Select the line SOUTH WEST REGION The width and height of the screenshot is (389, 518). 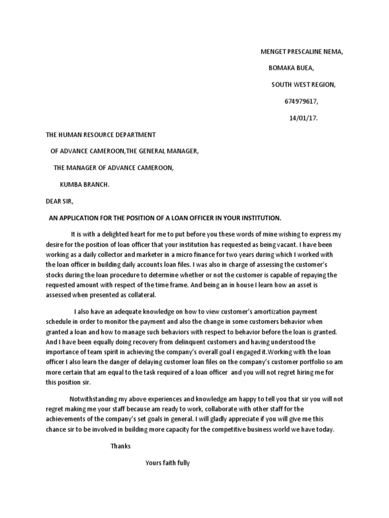303,85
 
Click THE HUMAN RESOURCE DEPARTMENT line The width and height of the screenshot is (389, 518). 101,135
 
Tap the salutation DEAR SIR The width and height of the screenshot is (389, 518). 59,201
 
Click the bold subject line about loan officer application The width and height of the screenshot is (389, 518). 165,218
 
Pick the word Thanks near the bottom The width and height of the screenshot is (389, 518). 121,446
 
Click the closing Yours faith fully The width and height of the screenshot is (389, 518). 167,463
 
